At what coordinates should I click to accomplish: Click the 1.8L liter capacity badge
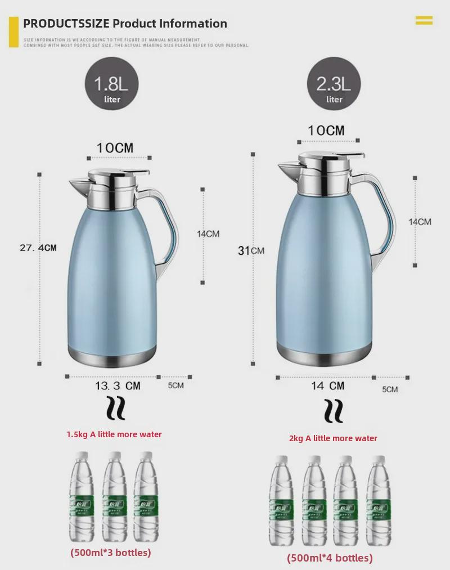(111, 86)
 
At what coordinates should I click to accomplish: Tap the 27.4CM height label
(38, 248)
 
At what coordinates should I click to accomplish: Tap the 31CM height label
(251, 250)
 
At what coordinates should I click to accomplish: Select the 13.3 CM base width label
(118, 386)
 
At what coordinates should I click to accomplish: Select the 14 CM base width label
(328, 386)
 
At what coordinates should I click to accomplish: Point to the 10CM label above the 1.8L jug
(115, 148)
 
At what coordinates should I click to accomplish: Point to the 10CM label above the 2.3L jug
(326, 131)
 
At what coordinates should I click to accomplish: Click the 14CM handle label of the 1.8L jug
(208, 234)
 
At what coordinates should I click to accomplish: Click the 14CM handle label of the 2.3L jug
(420, 222)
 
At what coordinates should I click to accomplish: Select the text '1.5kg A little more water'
(114, 434)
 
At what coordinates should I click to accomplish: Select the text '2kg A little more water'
(333, 438)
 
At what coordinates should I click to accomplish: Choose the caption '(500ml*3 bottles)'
(111, 553)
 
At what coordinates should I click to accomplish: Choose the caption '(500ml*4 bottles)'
(330, 558)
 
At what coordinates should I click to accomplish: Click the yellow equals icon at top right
(424, 21)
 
